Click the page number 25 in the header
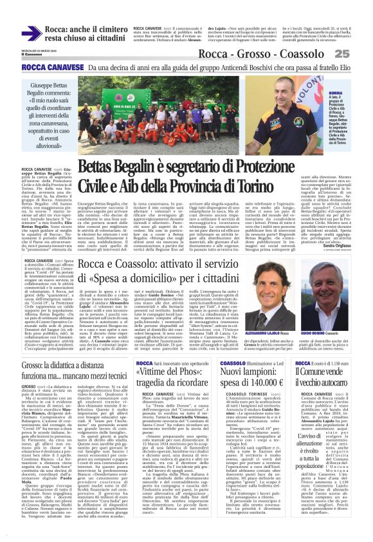pyautogui.click(x=359, y=53)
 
